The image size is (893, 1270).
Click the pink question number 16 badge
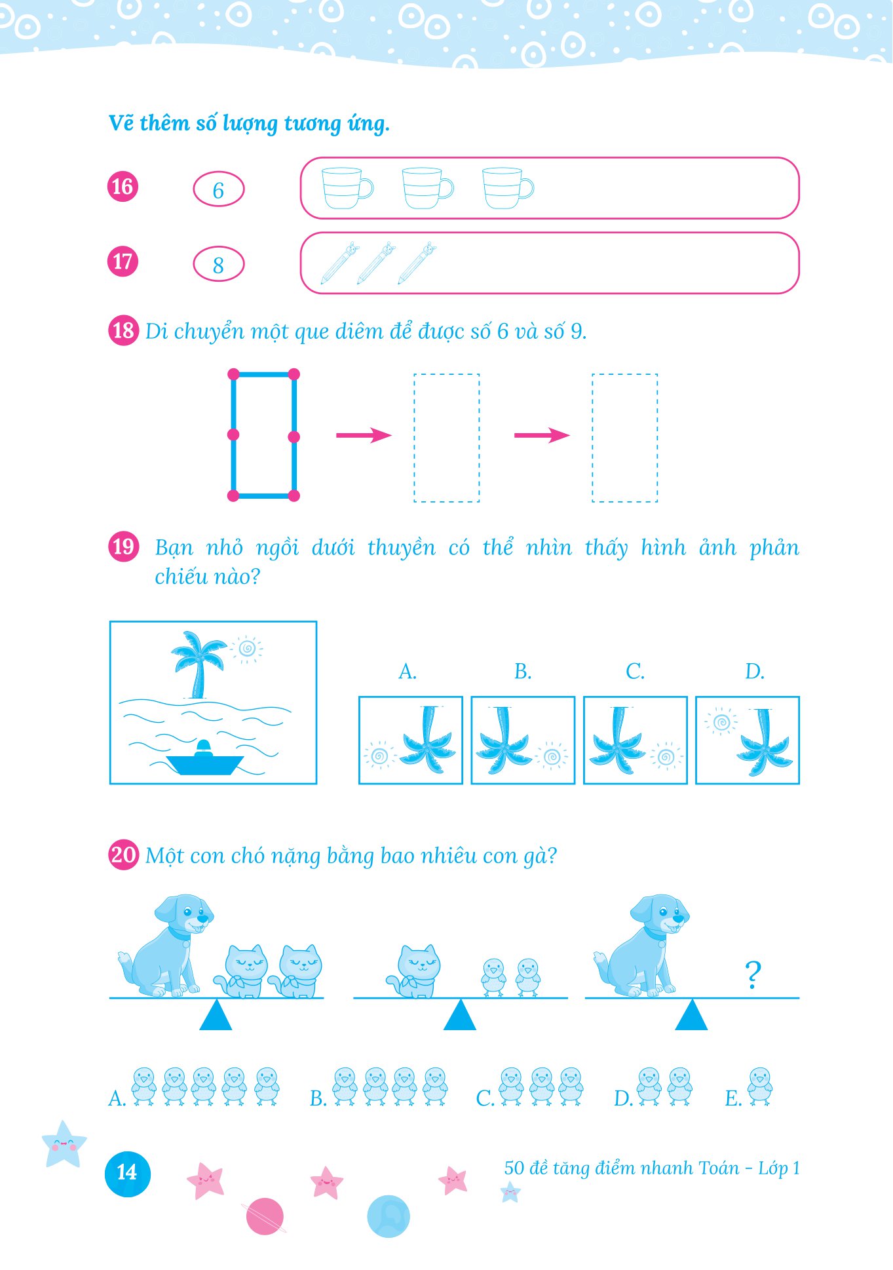click(x=123, y=187)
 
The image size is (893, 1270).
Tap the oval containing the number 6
click(x=218, y=189)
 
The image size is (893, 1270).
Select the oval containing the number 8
click(x=218, y=264)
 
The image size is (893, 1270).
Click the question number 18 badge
click(x=123, y=330)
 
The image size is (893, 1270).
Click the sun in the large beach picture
click(x=247, y=649)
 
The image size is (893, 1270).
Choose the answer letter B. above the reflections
click(x=523, y=672)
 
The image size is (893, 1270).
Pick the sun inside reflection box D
click(x=721, y=722)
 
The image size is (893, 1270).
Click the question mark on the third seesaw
click(x=753, y=974)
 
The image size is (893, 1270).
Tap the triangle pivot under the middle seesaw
click(x=460, y=1014)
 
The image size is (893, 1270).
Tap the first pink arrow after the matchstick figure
click(x=364, y=435)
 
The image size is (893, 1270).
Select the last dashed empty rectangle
click(x=624, y=438)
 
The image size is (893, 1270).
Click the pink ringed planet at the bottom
click(x=264, y=1216)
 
